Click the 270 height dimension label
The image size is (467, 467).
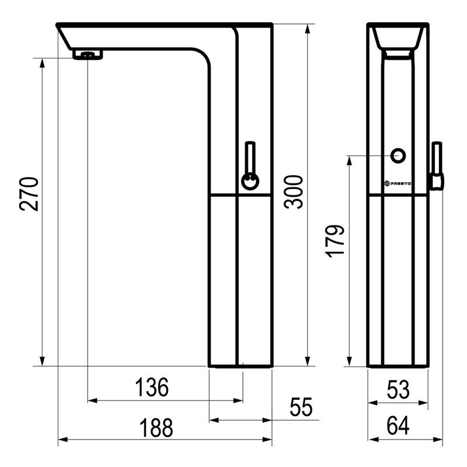click(x=29, y=194)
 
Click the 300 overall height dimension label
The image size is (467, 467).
click(x=294, y=192)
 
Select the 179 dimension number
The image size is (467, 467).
click(x=335, y=241)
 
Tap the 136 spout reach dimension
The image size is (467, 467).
click(x=152, y=387)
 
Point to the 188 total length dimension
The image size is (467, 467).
click(x=156, y=428)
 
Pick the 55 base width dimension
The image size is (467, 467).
click(x=301, y=407)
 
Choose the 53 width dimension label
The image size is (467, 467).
click(x=398, y=389)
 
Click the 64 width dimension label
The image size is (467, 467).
click(x=398, y=426)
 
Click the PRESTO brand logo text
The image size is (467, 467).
click(x=398, y=183)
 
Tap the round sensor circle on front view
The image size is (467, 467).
click(x=398, y=156)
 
